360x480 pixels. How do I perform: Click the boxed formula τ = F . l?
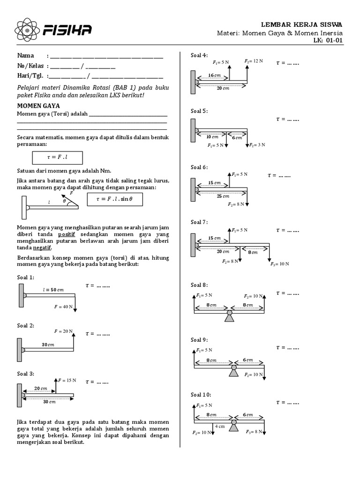point(57,158)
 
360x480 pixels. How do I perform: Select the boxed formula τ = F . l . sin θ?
point(115,199)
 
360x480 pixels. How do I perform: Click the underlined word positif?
point(67,234)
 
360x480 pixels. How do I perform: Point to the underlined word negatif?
point(42,247)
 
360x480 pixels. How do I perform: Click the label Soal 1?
point(26,277)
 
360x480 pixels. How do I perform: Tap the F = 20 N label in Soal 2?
point(63,331)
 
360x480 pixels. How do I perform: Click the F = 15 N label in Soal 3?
point(67,380)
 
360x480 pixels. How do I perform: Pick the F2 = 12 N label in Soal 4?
point(254,61)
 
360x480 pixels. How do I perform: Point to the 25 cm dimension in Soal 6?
point(221,196)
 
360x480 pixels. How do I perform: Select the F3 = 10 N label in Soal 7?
point(280,264)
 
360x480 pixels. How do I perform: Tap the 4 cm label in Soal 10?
point(220,427)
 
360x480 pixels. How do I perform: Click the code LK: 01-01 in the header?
point(328,41)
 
